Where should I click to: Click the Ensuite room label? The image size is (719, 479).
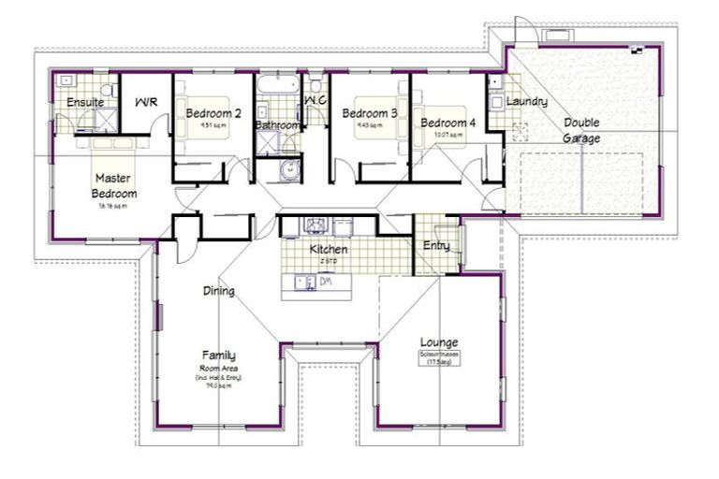point(84,102)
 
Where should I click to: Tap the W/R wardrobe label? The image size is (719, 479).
point(146,102)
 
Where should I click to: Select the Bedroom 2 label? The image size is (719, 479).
point(213,114)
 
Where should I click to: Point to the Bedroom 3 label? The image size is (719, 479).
point(369,114)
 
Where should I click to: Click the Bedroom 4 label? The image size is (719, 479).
point(447,123)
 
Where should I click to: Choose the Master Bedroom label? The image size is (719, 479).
point(114,185)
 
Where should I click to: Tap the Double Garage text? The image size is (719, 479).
point(581,131)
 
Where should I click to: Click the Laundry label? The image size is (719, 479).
point(526,101)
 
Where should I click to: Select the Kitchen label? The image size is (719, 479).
point(329,250)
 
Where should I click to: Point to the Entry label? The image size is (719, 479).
point(436,246)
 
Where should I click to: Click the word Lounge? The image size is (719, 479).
point(438,341)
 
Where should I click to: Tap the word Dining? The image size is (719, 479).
point(218,291)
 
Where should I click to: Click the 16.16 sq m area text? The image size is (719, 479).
point(112,206)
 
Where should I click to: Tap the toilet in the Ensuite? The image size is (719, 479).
point(109,90)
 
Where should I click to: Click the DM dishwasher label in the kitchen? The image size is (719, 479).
point(327,280)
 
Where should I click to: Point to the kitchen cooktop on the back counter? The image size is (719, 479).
point(315,225)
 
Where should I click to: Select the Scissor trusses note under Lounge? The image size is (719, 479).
point(438,359)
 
